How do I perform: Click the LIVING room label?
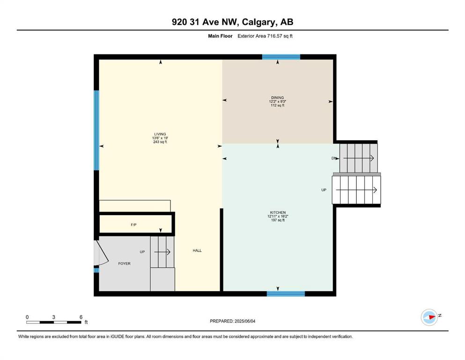(160, 134)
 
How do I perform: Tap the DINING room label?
(277, 97)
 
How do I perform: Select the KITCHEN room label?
(278, 212)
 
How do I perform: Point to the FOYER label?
(124, 263)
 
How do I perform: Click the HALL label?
(197, 250)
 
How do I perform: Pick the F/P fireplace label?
(134, 225)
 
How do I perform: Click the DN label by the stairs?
(334, 158)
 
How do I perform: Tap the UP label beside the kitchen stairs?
(324, 190)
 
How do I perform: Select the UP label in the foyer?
(142, 252)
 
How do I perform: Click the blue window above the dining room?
(281, 57)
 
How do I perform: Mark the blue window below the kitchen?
(286, 294)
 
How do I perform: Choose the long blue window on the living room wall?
(96, 130)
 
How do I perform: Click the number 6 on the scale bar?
(81, 317)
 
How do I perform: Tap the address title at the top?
(232, 22)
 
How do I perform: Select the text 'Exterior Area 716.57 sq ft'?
(265, 36)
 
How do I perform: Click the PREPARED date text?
(232, 321)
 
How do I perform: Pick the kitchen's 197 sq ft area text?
(278, 220)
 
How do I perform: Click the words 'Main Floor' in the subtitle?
(220, 36)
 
